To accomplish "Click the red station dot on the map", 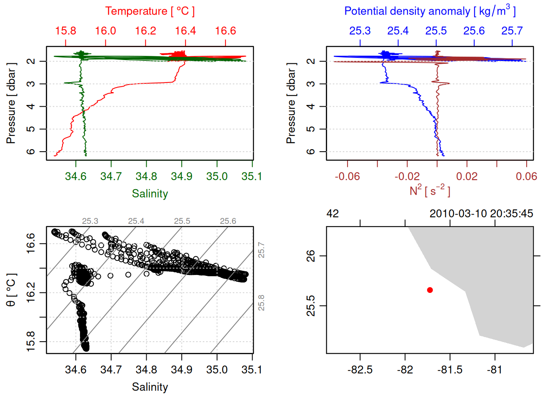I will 430,290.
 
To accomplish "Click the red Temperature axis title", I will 150,11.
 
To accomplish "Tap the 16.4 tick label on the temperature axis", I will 185,31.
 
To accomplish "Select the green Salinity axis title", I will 150,194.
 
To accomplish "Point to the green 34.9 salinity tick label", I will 182,176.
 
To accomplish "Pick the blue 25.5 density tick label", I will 436,31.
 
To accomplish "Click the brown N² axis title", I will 430,191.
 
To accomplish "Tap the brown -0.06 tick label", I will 347,176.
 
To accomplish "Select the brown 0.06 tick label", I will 526,176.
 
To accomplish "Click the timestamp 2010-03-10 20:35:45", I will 481,214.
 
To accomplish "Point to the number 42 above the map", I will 332,214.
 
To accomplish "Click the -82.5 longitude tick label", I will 360,370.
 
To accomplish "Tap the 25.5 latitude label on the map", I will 311,306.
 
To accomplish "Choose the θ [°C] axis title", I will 11,290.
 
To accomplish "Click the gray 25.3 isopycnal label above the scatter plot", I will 90,221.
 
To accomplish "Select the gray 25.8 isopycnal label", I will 261,302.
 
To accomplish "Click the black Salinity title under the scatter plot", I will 150,387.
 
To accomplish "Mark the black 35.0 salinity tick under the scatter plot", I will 217,370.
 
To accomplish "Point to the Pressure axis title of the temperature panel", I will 11,103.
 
